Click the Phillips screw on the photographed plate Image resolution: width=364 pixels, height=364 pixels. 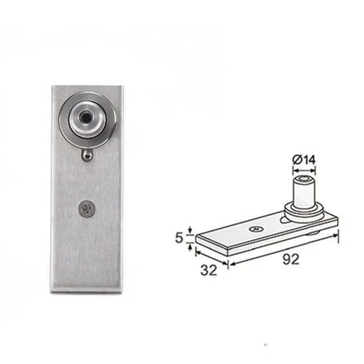coord(87,209)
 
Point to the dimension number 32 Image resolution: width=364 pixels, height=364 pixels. coord(209,270)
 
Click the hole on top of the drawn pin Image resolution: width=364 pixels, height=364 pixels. coord(304,179)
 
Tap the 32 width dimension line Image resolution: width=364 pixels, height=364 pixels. coord(211,257)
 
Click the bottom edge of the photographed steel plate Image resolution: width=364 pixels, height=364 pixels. coord(86,292)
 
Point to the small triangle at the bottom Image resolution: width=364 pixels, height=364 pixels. coord(264,345)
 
